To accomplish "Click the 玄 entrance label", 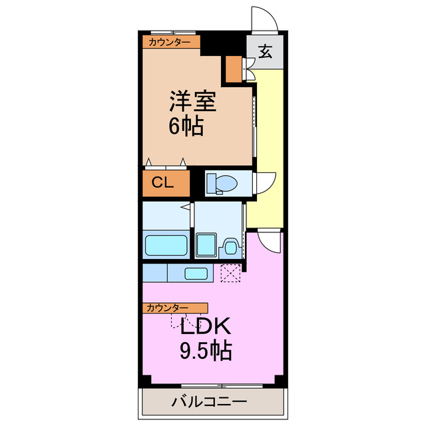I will tap(265, 52).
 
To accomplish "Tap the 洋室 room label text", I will tap(192, 102).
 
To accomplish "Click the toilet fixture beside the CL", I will tap(217, 183).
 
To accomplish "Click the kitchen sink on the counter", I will tap(195, 272).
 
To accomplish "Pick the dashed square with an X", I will tap(231, 272).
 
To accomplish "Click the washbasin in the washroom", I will tap(230, 248).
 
